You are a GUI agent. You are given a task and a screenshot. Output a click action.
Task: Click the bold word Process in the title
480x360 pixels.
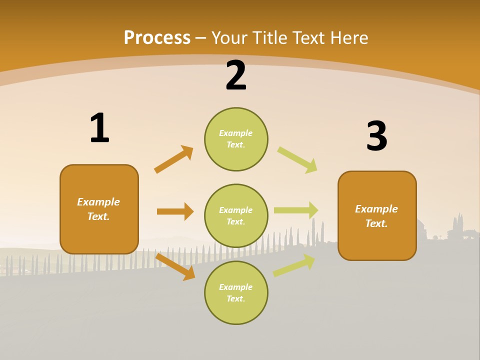157,38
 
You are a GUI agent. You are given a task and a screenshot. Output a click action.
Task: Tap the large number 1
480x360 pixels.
99,128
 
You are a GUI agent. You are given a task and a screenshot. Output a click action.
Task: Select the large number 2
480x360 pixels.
236,75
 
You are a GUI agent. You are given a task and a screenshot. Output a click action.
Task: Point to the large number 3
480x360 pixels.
376,136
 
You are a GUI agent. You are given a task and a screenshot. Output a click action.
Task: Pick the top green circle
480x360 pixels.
236,139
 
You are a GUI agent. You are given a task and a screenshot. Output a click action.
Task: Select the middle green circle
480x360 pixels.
236,216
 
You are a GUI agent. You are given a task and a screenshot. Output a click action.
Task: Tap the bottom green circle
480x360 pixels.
236,293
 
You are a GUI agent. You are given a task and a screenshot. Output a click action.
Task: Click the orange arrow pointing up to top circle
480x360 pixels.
174,159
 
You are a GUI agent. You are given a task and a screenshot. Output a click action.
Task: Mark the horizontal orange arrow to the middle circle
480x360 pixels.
175,211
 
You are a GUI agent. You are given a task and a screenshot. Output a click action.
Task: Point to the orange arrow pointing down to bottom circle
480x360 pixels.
175,266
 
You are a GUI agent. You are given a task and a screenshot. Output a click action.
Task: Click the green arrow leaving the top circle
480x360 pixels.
297,160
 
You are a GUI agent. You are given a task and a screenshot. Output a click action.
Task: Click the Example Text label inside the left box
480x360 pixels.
98,209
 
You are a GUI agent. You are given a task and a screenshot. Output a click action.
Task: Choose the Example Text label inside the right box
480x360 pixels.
376,216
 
